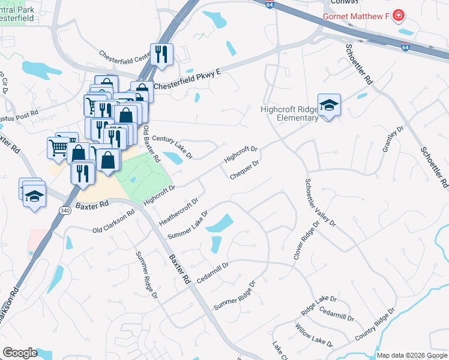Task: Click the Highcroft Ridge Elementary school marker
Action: [x=329, y=106]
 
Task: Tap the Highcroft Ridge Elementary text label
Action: [x=289, y=113]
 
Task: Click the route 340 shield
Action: [x=65, y=210]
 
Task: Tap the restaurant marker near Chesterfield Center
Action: [x=161, y=55]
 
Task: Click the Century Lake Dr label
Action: [x=172, y=148]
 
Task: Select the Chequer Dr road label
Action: [x=244, y=169]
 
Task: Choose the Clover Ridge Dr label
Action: [x=304, y=240]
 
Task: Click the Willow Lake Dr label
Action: [x=313, y=335]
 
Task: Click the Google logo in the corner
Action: [x=20, y=353]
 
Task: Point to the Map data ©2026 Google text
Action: [x=412, y=355]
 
